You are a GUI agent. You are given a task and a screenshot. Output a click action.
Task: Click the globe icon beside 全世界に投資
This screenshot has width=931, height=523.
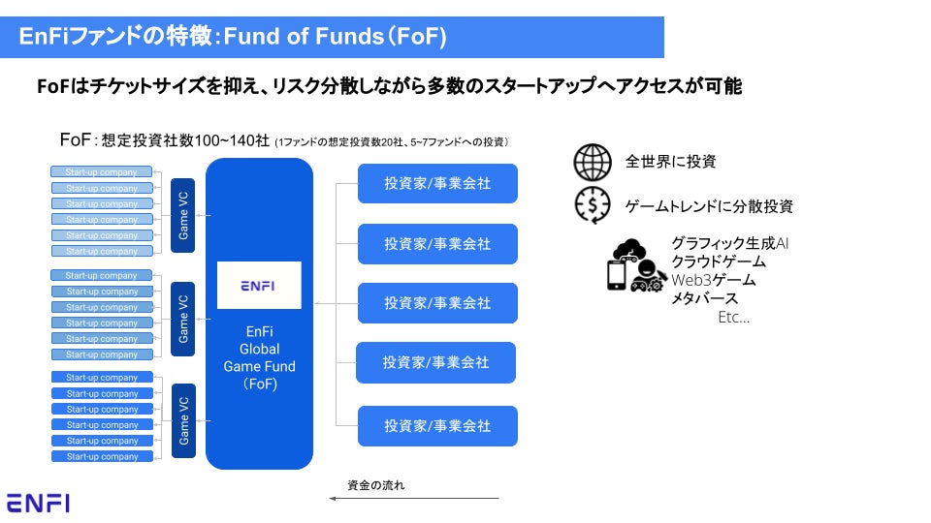click(593, 163)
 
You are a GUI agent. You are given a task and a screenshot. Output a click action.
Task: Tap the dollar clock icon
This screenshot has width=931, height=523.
click(593, 205)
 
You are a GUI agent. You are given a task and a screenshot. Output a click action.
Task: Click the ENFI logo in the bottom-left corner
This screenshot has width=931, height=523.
click(38, 502)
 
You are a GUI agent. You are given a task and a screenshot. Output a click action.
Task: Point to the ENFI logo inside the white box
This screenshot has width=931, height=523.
click(259, 286)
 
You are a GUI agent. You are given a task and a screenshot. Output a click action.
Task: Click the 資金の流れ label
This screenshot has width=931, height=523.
click(375, 484)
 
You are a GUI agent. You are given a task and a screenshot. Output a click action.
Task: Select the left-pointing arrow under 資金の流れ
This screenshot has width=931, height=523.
click(413, 499)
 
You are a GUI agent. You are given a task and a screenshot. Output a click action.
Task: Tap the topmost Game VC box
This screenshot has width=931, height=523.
click(182, 216)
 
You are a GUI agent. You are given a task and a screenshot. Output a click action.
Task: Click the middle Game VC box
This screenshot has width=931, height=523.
click(182, 318)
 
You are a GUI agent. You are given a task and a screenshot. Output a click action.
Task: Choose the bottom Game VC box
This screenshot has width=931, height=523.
click(182, 420)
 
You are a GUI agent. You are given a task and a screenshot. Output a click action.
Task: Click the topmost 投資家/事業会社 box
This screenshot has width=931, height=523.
click(437, 184)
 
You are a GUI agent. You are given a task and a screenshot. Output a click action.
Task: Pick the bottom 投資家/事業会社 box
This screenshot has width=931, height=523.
click(437, 426)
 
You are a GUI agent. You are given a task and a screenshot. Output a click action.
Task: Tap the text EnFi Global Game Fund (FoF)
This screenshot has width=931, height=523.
click(259, 357)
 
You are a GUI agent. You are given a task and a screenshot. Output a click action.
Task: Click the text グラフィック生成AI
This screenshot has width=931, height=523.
click(729, 243)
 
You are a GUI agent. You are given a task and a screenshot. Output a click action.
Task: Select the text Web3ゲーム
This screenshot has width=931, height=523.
click(713, 280)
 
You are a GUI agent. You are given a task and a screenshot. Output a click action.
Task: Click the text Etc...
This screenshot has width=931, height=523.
click(733, 317)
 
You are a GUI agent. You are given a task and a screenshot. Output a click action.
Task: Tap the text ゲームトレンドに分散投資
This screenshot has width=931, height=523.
click(709, 205)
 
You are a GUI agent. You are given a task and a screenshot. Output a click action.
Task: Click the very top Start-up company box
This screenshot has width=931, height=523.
click(102, 172)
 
